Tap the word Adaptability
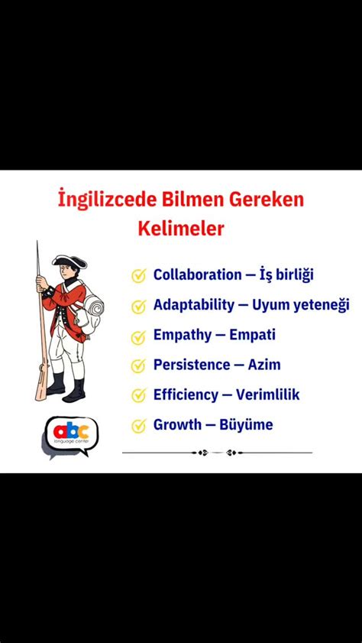point(194,305)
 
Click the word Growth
point(176,425)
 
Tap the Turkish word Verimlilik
point(267,395)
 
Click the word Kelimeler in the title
point(180,229)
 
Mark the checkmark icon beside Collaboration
point(138,276)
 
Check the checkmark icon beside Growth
point(138,426)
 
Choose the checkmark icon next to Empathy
point(138,336)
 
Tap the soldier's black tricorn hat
point(69,261)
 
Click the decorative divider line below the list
point(217,453)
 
